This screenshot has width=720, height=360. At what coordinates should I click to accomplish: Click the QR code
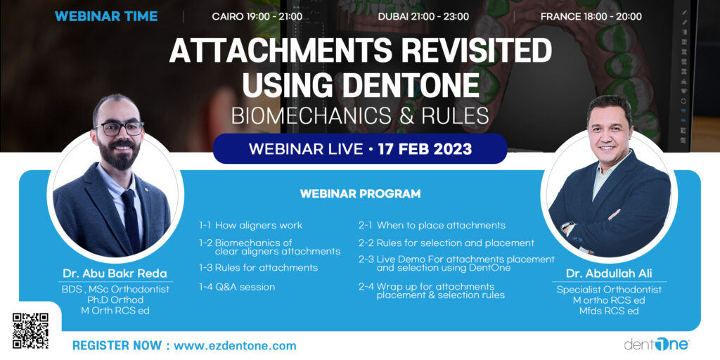30,330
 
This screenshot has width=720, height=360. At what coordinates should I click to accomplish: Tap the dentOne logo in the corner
657,344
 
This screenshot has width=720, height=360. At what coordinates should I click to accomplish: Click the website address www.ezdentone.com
235,346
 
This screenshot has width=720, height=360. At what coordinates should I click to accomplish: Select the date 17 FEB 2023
423,149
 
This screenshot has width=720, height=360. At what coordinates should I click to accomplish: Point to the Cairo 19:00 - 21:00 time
257,17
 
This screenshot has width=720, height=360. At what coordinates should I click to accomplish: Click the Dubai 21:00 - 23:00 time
423,17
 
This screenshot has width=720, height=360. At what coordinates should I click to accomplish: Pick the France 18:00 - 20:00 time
591,17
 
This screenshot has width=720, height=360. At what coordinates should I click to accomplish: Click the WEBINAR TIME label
106,17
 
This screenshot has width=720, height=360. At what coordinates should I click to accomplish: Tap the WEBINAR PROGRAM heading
360,193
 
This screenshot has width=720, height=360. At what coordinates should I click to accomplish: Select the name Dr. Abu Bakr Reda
115,274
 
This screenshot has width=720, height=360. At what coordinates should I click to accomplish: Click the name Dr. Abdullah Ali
609,274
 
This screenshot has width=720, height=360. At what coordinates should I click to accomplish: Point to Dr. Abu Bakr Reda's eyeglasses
119,128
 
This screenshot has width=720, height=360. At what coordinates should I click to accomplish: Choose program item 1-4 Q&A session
237,288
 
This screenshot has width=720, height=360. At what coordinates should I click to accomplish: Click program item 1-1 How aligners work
251,226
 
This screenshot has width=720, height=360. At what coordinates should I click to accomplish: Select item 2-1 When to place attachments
432,226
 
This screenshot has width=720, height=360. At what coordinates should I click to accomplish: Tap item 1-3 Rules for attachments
258,268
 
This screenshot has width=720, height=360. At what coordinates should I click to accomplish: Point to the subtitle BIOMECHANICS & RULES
360,117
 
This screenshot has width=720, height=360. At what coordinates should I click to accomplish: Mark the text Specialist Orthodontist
609,290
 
